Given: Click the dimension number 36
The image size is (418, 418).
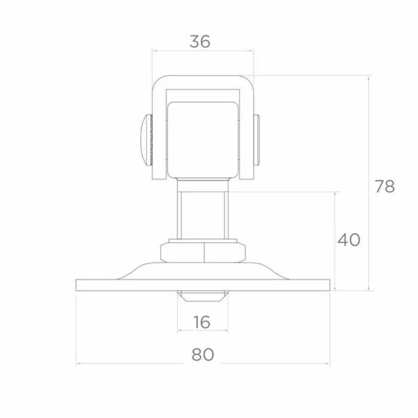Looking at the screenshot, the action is [200, 42].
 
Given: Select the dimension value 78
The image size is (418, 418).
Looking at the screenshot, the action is [385, 186].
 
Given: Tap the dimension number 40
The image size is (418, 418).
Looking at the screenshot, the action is [349, 239].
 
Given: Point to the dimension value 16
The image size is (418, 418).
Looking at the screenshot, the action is [202, 322].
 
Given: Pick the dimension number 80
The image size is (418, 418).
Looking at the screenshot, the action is [202, 355].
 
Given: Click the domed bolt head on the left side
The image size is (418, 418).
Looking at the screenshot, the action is [146, 140].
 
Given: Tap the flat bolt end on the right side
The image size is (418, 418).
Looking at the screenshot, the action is [256, 140].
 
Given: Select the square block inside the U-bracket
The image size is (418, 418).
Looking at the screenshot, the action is [202, 140].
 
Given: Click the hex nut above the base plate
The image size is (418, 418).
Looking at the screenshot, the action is [203, 252].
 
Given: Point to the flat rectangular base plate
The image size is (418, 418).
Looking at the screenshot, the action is [203, 285].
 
